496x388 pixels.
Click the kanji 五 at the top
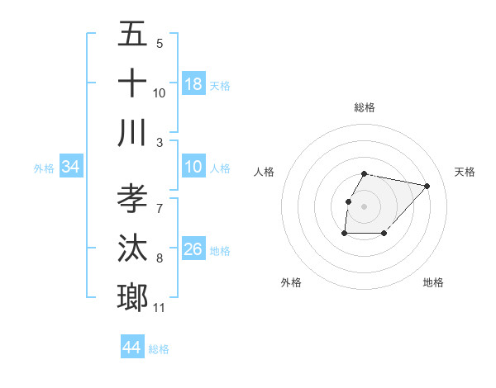[133, 35]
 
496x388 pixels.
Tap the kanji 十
[133, 83]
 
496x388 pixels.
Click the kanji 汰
[133, 248]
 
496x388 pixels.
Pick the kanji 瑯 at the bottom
[133, 296]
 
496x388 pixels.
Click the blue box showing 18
[193, 83]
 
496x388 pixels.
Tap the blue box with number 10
[193, 168]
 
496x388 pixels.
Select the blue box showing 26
[193, 249]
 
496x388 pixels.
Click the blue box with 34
[71, 168]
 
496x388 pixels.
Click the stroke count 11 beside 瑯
[160, 308]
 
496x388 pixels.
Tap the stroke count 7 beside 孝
[160, 207]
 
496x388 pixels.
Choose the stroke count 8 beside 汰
[160, 258]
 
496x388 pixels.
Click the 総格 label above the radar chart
[365, 107]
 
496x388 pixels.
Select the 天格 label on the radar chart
[465, 172]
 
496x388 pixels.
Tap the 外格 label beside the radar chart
[291, 282]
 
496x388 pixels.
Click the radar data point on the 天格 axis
[427, 187]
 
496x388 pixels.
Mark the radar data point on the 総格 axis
[365, 173]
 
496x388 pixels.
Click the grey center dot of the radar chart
[365, 206]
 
